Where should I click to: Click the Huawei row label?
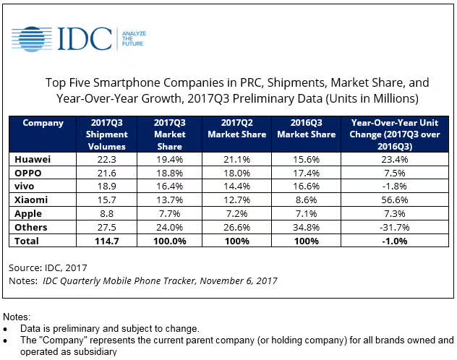[30, 158]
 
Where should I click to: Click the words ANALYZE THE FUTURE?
[132, 38]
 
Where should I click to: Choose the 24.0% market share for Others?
[168, 227]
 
